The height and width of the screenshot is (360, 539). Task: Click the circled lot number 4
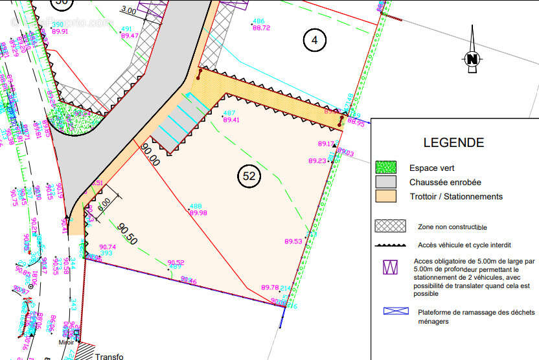[314, 40]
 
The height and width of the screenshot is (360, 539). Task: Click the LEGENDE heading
[453, 142]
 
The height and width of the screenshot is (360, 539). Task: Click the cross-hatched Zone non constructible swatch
[390, 226]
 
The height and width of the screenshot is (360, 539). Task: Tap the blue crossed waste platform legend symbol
[396, 311]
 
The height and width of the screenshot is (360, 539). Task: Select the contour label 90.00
[150, 155]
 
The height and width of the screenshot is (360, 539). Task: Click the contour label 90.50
[127, 234]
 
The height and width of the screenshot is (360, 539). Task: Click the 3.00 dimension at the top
[128, 11]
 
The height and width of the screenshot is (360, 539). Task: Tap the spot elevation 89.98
[198, 212]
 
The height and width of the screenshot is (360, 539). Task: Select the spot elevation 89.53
[293, 242]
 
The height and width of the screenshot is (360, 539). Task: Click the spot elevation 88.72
[261, 28]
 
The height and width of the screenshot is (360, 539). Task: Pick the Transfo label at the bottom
[108, 356]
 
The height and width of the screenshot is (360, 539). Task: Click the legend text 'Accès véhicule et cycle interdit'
[464, 245]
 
